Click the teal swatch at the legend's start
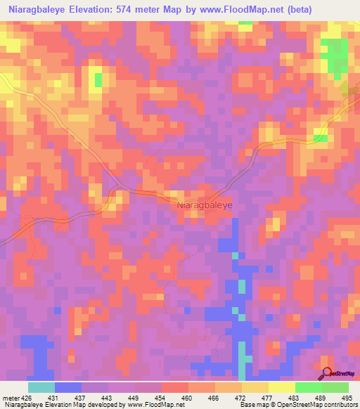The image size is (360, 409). click(41, 387)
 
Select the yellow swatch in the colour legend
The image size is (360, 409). click(281, 387)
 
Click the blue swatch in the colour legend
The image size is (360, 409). click(68, 387)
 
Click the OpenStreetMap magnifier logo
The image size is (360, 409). click(327, 373)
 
